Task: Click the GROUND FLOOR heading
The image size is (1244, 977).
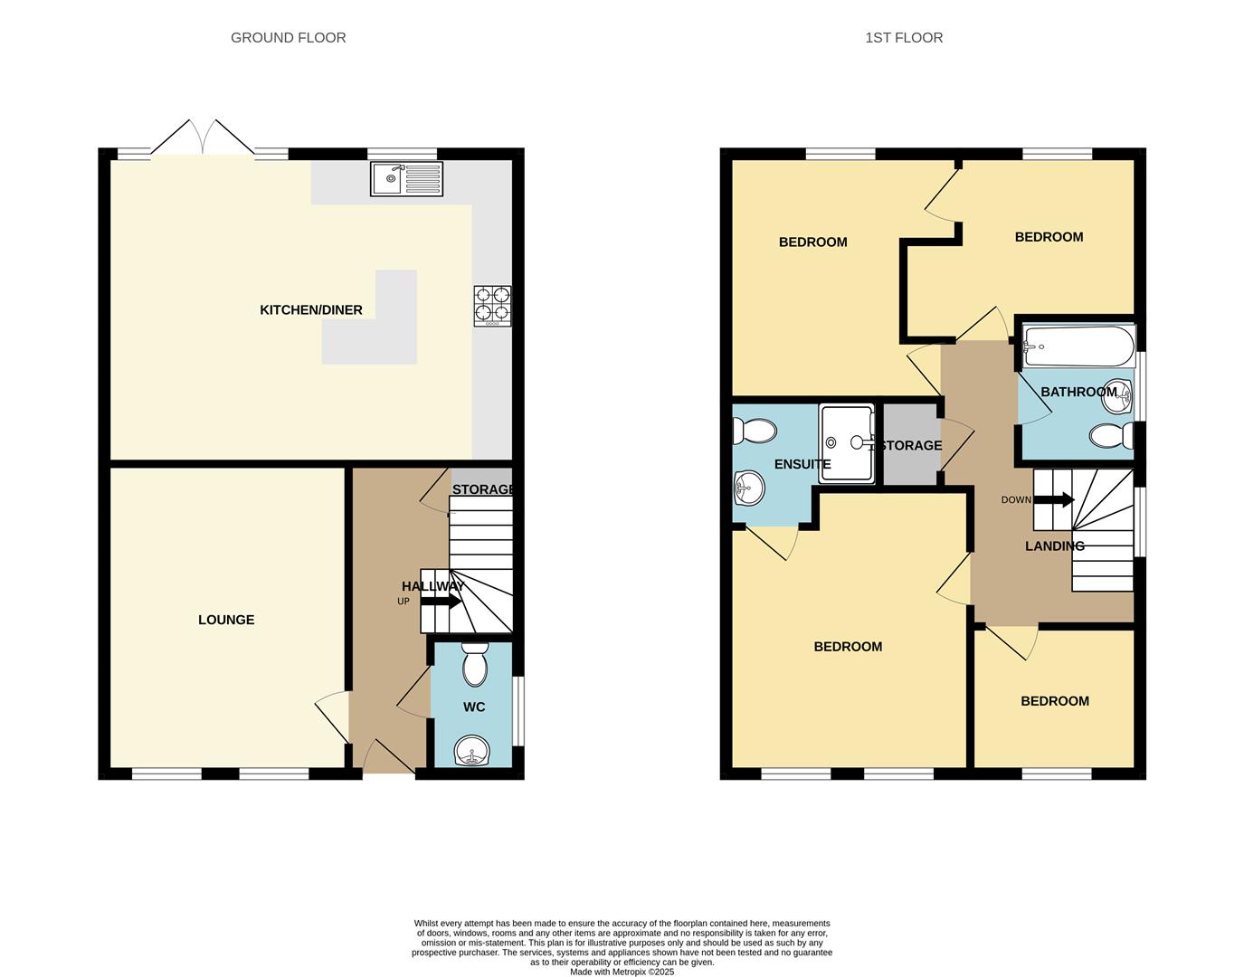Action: [x=288, y=37]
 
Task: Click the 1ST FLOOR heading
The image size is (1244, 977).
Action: [x=903, y=37]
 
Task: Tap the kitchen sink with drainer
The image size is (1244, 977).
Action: [x=406, y=178]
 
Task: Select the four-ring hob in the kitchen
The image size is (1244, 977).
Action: [x=492, y=306]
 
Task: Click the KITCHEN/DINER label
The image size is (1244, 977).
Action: [x=310, y=310]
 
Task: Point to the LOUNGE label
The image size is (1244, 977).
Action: [x=226, y=620]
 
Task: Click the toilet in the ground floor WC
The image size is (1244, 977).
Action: [x=474, y=666]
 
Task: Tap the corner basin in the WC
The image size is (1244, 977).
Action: [x=472, y=750]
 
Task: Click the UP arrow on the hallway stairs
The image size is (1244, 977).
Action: [x=441, y=601]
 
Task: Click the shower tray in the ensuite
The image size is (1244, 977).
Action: [x=847, y=442]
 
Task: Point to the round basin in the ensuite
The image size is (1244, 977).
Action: [x=749, y=489]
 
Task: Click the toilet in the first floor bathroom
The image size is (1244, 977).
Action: [x=1110, y=436]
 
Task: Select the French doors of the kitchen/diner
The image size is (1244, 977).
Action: [x=203, y=138]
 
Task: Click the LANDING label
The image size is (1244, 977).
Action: [x=1054, y=546]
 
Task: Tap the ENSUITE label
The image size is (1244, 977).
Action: [x=802, y=464]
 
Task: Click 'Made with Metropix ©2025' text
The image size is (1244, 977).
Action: [x=622, y=972]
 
